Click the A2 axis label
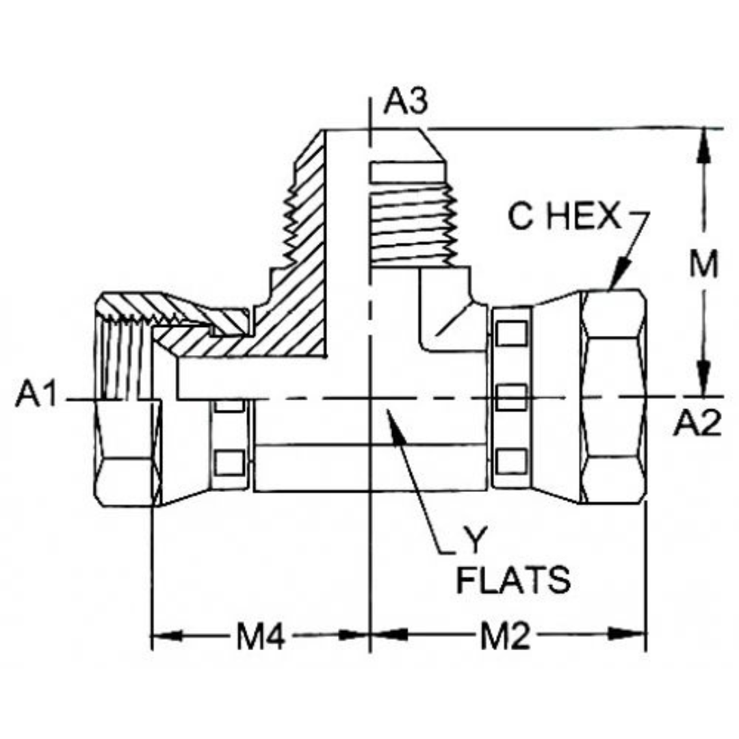[697, 425]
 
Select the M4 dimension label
[260, 638]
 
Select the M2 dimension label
[504, 638]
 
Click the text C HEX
[563, 218]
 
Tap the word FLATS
[513, 581]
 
